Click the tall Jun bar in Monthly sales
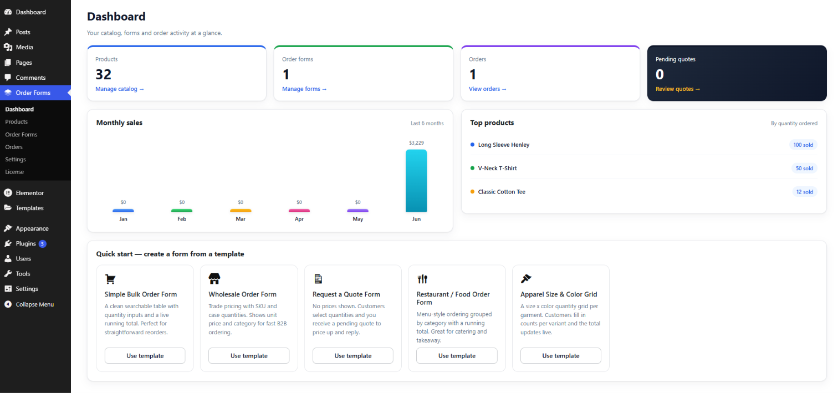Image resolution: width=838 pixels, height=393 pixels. point(416,181)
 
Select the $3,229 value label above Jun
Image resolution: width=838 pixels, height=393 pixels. point(416,142)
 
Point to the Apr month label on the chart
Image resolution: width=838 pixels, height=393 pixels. point(299,219)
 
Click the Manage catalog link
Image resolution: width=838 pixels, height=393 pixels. point(120,89)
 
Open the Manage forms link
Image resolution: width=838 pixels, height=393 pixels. point(304,89)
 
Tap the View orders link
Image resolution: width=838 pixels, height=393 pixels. point(488,89)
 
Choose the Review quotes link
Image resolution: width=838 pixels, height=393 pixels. point(678,89)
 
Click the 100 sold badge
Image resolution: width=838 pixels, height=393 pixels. point(803,145)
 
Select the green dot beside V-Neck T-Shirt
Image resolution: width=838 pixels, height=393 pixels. point(472,168)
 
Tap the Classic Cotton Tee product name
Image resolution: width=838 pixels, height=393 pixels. point(502,192)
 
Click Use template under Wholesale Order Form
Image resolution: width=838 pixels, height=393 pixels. point(249,355)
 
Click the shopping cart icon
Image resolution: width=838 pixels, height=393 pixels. point(110,279)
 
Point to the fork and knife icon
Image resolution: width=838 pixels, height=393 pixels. point(422,279)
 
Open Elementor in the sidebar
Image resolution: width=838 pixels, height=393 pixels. point(29,193)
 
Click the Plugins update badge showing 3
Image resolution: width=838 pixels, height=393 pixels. point(43,244)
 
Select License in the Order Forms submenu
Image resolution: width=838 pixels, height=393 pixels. point(14,172)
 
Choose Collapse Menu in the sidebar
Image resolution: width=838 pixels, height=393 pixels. point(35,304)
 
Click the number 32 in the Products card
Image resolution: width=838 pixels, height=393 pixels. point(103,74)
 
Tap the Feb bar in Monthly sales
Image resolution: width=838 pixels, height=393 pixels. point(181,211)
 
